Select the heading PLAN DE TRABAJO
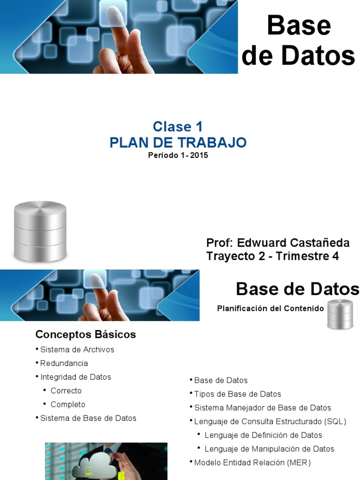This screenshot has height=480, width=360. (x=178, y=142)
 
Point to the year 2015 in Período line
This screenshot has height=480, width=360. (x=199, y=156)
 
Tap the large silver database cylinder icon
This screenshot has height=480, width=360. (x=40, y=231)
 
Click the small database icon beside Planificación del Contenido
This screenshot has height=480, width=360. (x=340, y=314)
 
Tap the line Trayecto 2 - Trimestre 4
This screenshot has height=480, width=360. (x=272, y=256)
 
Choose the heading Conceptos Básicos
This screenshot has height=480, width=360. (x=86, y=335)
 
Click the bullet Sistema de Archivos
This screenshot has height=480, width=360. (x=77, y=350)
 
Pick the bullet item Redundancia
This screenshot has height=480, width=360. (x=64, y=363)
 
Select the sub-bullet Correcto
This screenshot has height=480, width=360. (x=66, y=390)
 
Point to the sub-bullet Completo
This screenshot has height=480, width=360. (x=68, y=404)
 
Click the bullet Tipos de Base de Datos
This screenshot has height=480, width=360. (x=237, y=394)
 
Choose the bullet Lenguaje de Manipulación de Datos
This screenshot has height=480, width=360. (x=269, y=449)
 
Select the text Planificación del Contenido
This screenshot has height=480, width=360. (x=270, y=308)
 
